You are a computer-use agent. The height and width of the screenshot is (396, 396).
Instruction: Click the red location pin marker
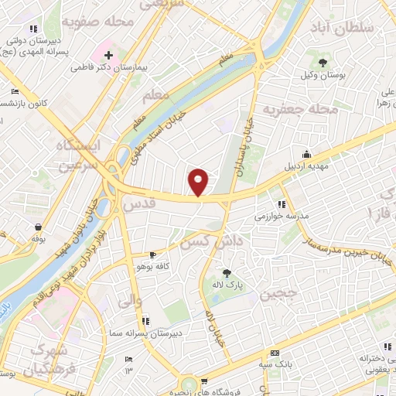coord(199,182)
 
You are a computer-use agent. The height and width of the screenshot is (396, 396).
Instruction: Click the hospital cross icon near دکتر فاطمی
coord(108,56)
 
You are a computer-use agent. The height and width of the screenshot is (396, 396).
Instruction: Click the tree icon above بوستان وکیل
coord(323,62)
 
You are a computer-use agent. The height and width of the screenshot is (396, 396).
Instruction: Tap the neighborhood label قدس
coord(139,204)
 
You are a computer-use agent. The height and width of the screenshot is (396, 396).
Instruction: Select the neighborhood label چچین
coord(276,295)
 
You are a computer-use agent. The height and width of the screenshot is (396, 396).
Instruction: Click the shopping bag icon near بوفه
coord(39,227)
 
